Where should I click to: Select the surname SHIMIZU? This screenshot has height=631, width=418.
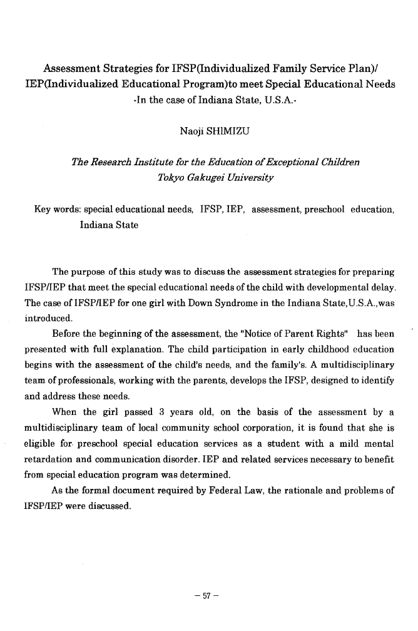click(227, 131)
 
